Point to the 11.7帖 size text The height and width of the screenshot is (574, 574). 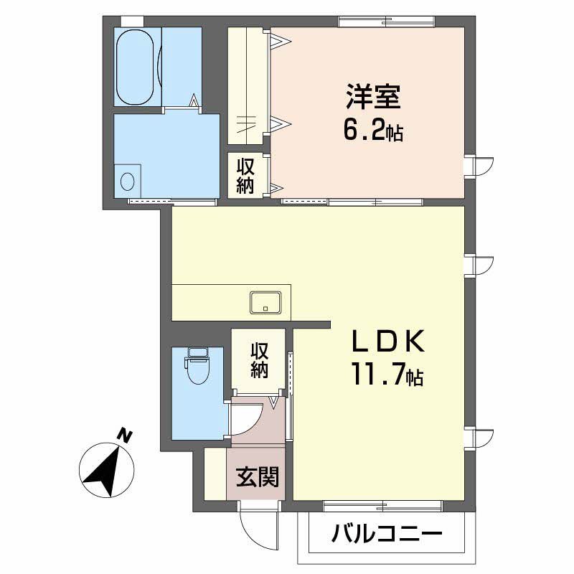coord(387,375)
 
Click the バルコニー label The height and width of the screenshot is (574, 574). coord(387,534)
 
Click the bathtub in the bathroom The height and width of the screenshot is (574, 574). coord(136,67)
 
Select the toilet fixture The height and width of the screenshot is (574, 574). coord(196,366)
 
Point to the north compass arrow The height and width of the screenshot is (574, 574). coord(107,470)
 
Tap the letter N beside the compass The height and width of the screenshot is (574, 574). coord(126,436)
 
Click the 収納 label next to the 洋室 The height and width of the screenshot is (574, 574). coord(246,176)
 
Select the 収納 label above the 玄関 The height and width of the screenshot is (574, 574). coord(259,360)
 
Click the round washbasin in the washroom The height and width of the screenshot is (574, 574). coord(128,179)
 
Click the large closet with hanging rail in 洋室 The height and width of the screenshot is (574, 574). coord(248,86)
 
